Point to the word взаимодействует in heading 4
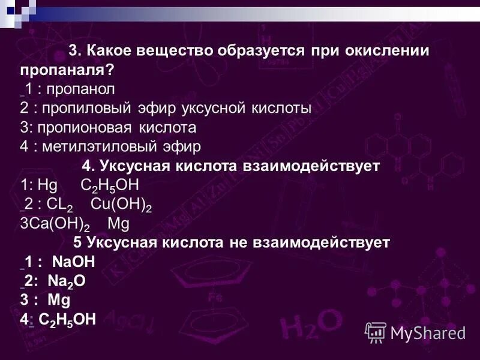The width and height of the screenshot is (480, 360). coord(322,166)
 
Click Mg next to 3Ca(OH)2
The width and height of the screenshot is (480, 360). coord(118,224)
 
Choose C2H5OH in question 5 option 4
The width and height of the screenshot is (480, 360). coord(67,319)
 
